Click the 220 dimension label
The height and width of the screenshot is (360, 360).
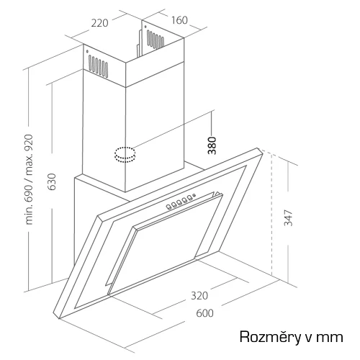[x=100, y=23]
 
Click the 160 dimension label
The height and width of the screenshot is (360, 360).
[x=179, y=20]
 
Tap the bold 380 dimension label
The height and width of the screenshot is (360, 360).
[x=212, y=145]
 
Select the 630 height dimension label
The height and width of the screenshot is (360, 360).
[x=51, y=181]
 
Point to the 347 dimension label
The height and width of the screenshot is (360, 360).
[x=288, y=217]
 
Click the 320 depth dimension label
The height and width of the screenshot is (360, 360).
[x=199, y=296]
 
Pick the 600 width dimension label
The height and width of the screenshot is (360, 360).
[x=204, y=313]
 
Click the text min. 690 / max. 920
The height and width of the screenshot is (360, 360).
[x=29, y=179]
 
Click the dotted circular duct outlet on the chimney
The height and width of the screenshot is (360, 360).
[x=125, y=155]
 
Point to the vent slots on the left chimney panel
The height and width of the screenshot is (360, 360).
[x=98, y=66]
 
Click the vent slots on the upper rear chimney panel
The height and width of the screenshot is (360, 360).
[x=156, y=40]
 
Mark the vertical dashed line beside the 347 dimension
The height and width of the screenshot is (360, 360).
[x=271, y=215]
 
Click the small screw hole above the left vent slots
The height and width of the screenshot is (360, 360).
[x=87, y=51]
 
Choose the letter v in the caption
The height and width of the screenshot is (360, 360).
[x=309, y=338]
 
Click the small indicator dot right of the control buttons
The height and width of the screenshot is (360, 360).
[x=195, y=194]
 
